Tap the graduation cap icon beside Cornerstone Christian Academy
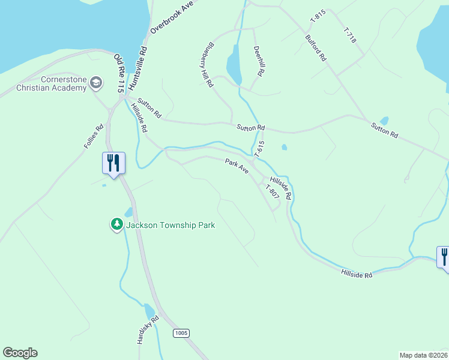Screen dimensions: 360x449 [x=96, y=83]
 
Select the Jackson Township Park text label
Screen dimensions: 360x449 [x=170, y=225]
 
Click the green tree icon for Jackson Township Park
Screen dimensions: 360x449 [x=116, y=224]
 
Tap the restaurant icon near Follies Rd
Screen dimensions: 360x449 [x=113, y=163]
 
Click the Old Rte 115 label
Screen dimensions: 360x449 [x=119, y=73]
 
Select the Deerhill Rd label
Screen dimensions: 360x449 [x=259, y=61]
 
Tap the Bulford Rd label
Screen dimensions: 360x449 [x=316, y=47]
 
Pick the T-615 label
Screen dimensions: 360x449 [x=259, y=149]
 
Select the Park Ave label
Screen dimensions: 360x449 [x=237, y=166]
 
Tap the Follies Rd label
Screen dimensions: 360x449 [x=94, y=136]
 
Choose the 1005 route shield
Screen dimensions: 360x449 [x=181, y=332]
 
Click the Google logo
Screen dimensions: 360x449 [x=20, y=353]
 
